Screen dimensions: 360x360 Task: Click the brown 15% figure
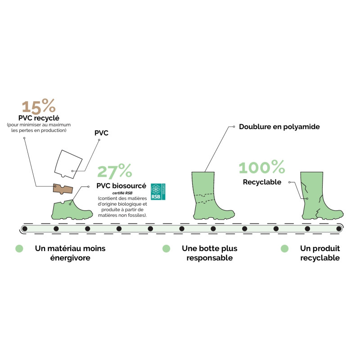[x=39, y=107]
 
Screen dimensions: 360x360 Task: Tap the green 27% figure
[x=115, y=171]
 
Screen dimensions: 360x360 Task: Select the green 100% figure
[x=261, y=168]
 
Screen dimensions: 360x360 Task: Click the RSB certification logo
[x=158, y=192]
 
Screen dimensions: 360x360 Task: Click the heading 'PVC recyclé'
[x=38, y=118]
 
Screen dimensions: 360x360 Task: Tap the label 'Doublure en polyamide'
[x=279, y=127]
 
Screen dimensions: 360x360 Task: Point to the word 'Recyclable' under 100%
[x=262, y=182]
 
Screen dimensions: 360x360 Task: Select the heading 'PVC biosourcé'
[x=121, y=186]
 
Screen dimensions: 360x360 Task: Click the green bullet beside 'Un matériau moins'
[x=19, y=248]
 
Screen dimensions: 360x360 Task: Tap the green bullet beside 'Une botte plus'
[x=166, y=248]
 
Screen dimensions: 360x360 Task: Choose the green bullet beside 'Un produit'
[x=284, y=248]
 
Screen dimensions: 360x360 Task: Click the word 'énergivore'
[x=71, y=258]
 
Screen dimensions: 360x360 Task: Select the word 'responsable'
[x=209, y=258]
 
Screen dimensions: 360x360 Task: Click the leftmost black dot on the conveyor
[x=25, y=229]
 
